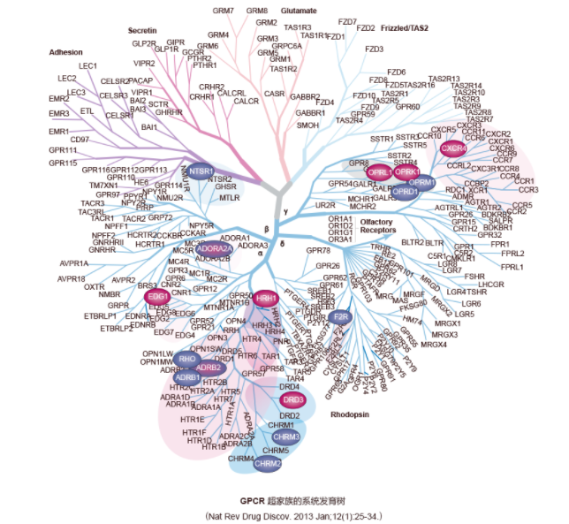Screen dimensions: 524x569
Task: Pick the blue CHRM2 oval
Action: [268, 463]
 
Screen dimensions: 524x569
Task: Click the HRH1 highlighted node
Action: [266, 300]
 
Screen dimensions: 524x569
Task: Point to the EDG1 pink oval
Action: [158, 296]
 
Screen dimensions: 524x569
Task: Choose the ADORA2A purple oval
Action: [214, 250]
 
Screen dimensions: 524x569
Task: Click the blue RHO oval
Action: [186, 359]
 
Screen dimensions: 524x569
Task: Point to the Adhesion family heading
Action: [67, 52]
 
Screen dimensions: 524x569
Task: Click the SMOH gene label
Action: [307, 125]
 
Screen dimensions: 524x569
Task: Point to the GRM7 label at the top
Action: [224, 11]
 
